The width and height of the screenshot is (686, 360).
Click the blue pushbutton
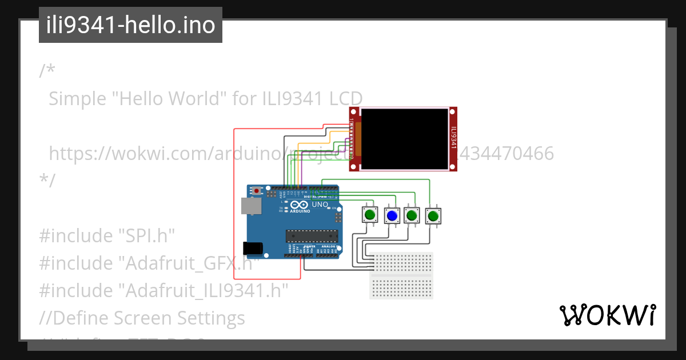(392, 215)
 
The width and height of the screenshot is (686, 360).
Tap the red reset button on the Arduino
(257, 190)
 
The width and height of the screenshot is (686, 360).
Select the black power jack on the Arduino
(253, 248)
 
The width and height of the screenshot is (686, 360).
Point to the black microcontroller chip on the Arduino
(309, 235)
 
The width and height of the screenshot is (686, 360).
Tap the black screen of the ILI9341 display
(405, 139)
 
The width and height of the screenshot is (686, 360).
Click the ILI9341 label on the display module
(453, 138)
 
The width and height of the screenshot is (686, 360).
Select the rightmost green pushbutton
(434, 216)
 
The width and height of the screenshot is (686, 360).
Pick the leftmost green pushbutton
(370, 215)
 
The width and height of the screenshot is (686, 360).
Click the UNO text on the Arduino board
(320, 204)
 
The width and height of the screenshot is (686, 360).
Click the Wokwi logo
(607, 315)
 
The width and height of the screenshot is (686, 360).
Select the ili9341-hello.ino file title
(130, 25)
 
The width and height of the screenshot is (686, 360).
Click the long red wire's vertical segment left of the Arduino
(234, 200)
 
